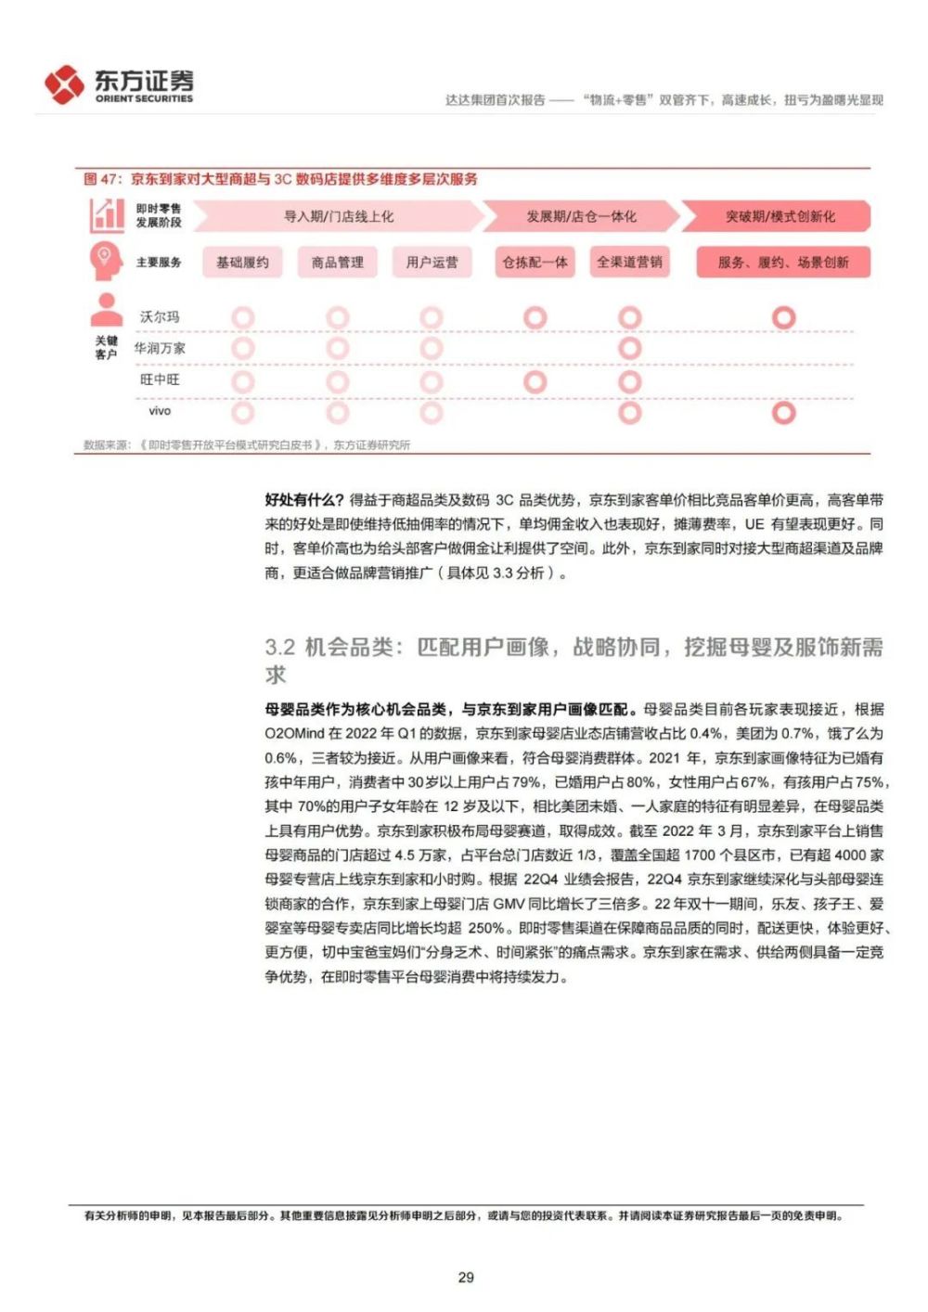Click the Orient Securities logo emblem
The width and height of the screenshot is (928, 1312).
[64, 84]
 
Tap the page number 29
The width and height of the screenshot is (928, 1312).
[466, 1277]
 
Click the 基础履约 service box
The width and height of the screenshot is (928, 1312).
[242, 263]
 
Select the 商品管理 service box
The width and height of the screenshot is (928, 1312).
[338, 263]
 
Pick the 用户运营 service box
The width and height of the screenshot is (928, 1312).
[432, 263]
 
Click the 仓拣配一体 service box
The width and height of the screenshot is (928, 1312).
[535, 263]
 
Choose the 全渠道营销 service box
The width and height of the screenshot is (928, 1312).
[629, 263]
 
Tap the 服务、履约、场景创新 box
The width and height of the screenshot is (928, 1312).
[783, 263]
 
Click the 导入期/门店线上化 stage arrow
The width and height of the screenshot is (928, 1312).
[339, 216]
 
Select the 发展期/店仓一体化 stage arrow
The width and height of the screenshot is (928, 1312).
[582, 216]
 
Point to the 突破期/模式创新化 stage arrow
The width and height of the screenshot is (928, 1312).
[780, 216]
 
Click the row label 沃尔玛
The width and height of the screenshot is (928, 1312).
[160, 317]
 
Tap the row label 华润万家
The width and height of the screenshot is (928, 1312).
[160, 349]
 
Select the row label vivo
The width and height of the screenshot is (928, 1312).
[160, 411]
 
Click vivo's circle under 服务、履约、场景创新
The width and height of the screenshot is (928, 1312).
[784, 412]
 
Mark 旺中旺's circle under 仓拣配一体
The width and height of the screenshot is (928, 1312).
[535, 381]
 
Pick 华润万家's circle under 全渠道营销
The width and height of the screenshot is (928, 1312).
[630, 349]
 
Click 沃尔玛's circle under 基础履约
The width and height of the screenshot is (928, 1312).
[243, 318]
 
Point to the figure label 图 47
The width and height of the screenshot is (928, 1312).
[102, 179]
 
